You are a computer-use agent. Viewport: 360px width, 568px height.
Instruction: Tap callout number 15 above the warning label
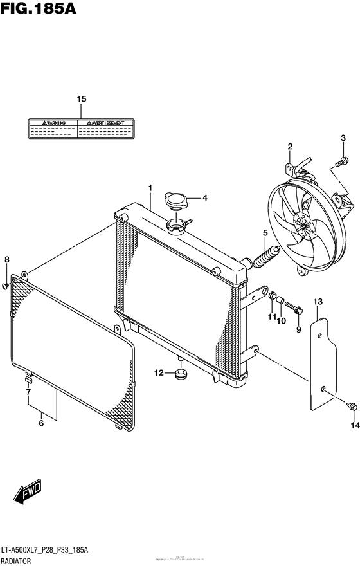81,99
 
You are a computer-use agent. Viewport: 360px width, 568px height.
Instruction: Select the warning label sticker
80,129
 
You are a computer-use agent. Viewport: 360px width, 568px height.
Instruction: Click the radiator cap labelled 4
175,200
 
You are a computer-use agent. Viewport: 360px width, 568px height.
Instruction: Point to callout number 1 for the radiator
149,188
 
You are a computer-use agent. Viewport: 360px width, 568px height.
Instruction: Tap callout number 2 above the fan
290,146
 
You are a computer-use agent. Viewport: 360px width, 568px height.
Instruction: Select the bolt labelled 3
345,158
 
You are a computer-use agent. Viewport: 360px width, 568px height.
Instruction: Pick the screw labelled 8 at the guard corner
7,282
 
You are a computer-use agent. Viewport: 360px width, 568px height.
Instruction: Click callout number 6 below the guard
41,423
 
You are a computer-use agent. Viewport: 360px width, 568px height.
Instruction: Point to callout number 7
28,391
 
